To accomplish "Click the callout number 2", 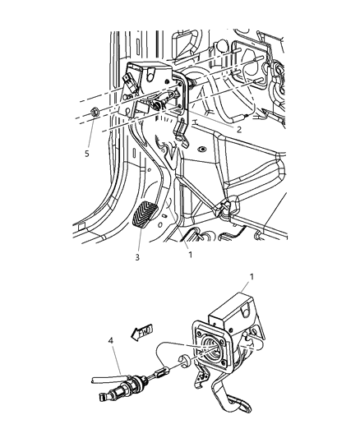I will coord(238,129).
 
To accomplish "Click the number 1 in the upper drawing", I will coord(190,255).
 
